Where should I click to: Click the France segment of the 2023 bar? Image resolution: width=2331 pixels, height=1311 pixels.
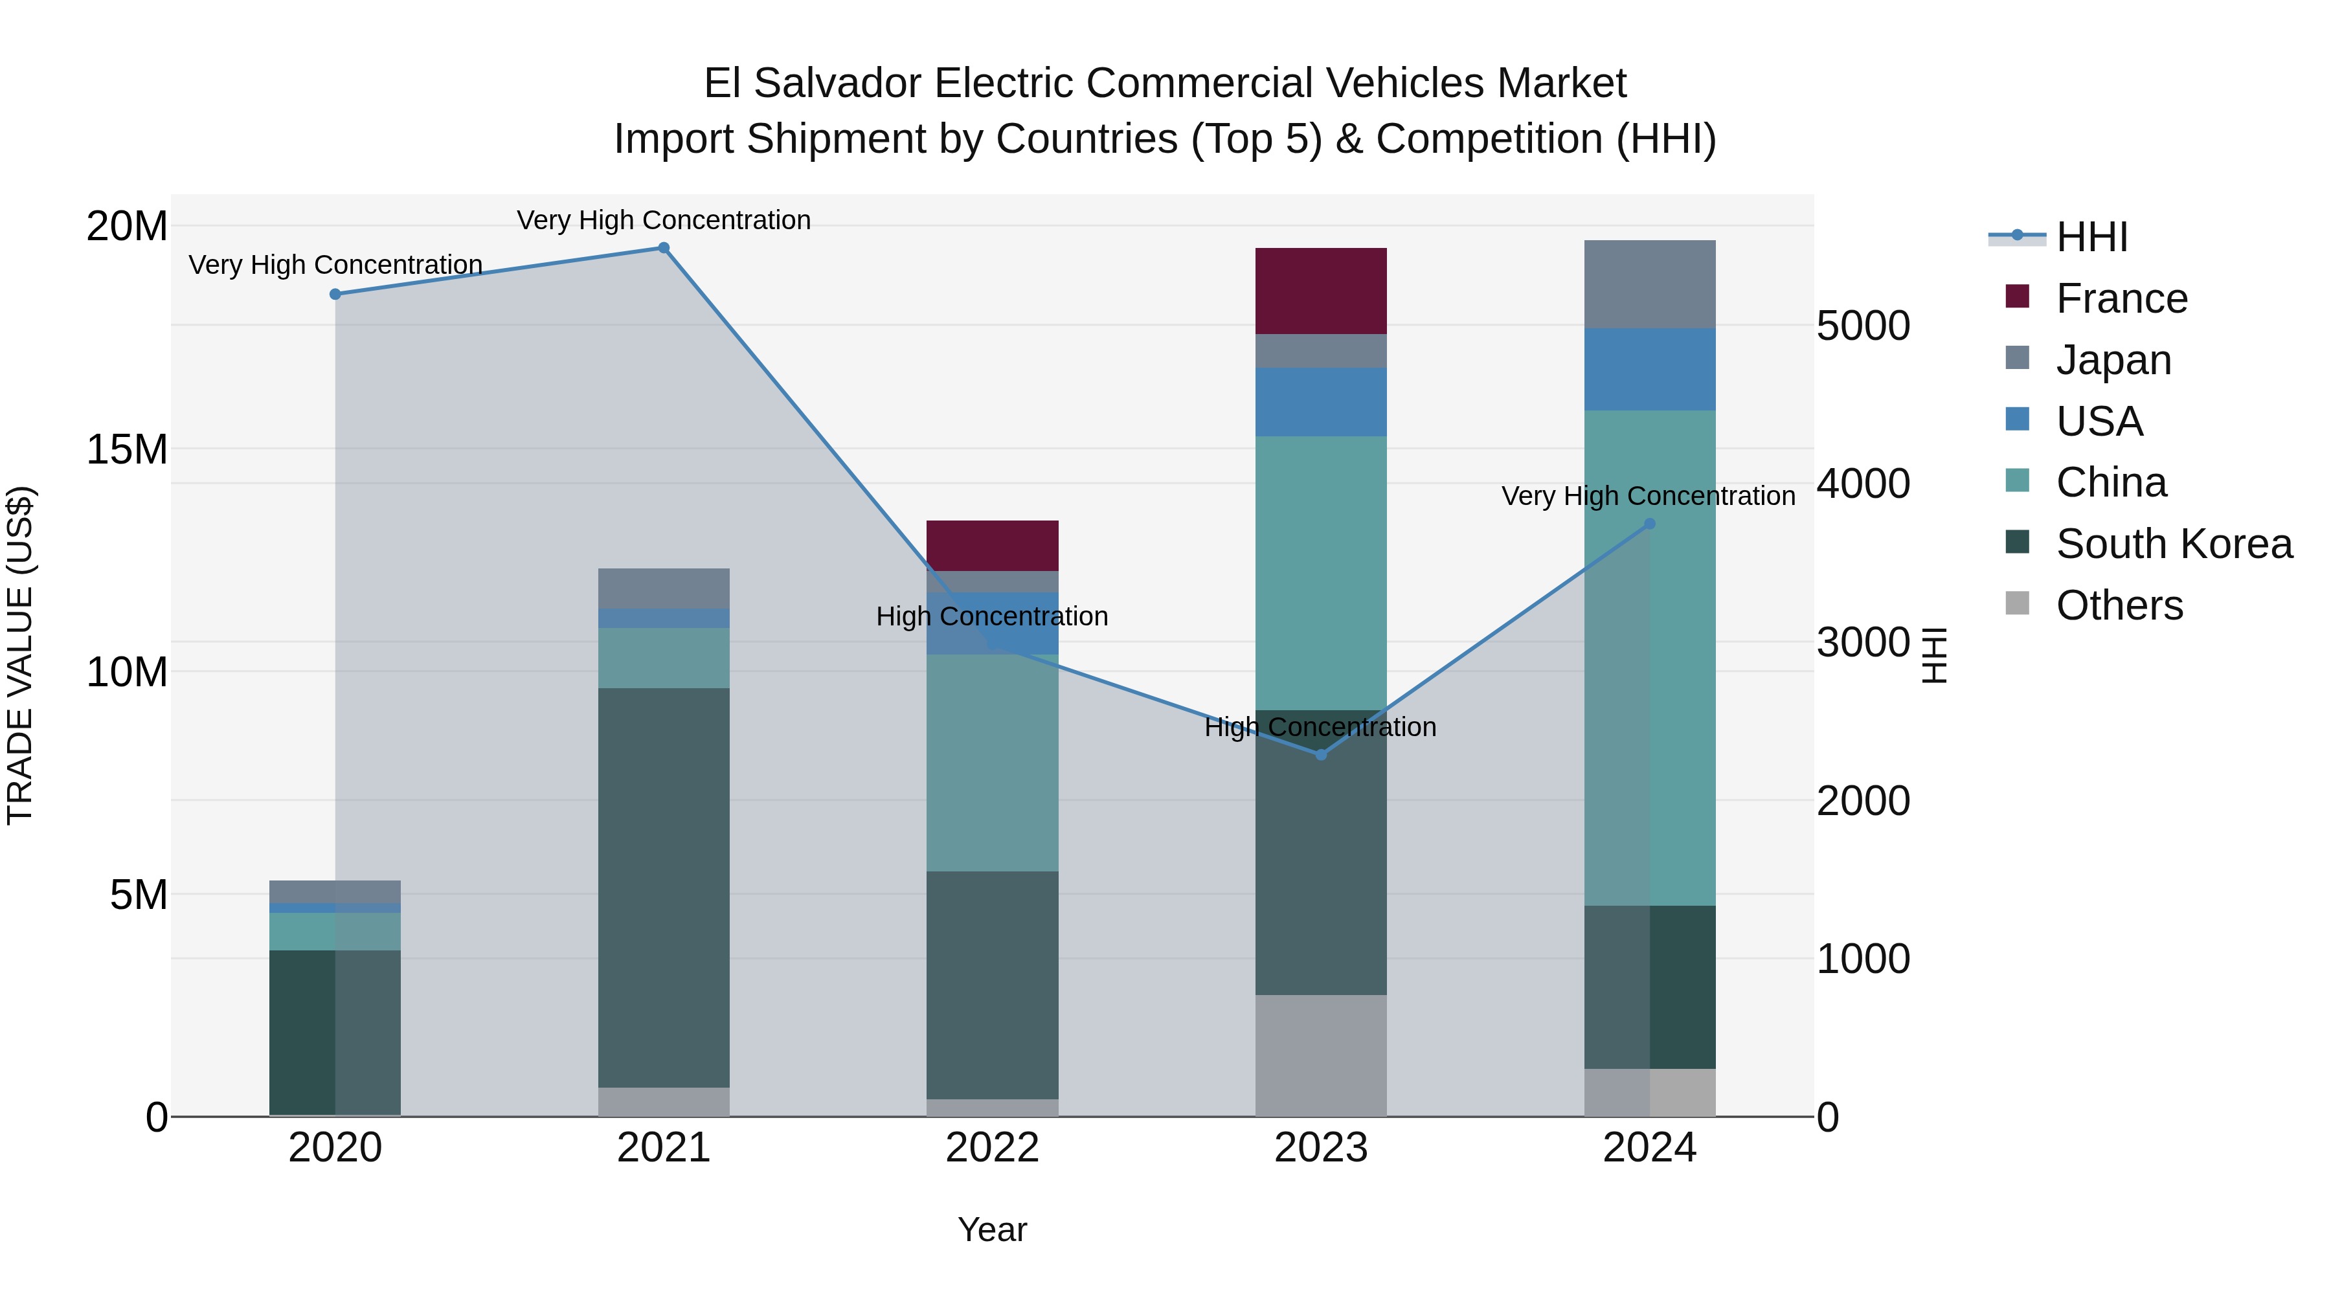pyautogui.click(x=1320, y=291)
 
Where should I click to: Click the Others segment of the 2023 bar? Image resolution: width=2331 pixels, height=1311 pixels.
pyautogui.click(x=1320, y=1055)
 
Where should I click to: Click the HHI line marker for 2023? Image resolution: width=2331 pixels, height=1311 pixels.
pyautogui.click(x=1320, y=755)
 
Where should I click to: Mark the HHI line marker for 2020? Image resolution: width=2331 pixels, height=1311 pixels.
pyautogui.click(x=335, y=294)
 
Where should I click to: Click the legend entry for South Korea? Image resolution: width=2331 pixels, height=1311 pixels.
pyautogui.click(x=2172, y=544)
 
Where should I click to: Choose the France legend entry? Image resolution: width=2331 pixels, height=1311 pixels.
pyautogui.click(x=2120, y=298)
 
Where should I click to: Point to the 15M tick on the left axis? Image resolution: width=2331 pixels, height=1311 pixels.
pyautogui.click(x=127, y=449)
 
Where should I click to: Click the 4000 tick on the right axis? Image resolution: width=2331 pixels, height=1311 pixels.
pyautogui.click(x=1862, y=484)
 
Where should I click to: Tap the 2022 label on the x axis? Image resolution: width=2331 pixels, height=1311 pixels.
pyautogui.click(x=992, y=1148)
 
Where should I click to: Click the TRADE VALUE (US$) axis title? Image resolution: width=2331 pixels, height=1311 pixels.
pyautogui.click(x=20, y=655)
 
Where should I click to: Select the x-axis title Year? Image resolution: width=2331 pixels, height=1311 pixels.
pyautogui.click(x=992, y=1229)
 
